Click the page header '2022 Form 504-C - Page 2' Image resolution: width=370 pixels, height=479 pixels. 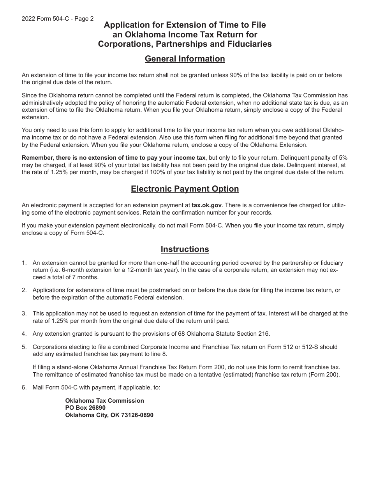[x=58, y=18]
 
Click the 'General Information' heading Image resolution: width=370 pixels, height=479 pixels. [x=185, y=59]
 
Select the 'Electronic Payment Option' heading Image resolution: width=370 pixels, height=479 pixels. [x=185, y=189]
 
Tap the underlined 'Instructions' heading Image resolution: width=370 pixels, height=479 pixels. [x=185, y=249]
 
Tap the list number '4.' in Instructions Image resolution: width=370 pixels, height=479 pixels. [x=24, y=334]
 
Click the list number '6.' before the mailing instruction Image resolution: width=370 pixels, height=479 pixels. [x=24, y=387]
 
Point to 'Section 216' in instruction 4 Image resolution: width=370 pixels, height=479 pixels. [x=254, y=334]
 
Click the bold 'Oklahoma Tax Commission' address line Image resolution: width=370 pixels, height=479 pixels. [x=104, y=401]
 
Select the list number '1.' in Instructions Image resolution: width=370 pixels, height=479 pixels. [x=24, y=263]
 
